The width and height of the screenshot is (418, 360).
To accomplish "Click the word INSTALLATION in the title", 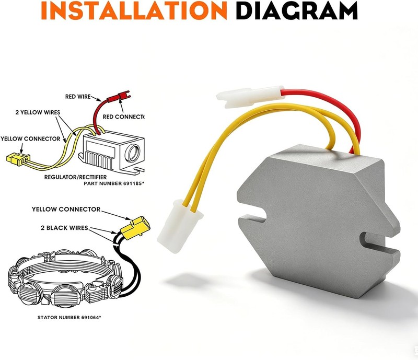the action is tap(134, 10).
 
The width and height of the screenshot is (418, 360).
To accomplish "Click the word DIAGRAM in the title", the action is tap(297, 10).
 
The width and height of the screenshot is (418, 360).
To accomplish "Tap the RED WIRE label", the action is tap(78, 97).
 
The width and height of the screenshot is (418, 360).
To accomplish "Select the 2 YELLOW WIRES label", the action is tap(38, 112).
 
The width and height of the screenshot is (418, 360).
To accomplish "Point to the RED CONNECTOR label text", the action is tap(123, 117).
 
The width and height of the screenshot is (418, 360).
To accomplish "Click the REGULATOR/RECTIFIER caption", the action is tap(75, 177).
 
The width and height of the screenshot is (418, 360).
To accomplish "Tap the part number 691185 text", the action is tap(114, 183).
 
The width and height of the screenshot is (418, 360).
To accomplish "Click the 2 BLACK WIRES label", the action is tap(64, 228).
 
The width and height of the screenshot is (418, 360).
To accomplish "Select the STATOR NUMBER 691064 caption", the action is tap(69, 317).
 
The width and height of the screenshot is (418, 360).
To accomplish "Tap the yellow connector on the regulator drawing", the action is tap(18, 159).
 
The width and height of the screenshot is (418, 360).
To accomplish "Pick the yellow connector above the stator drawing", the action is tap(135, 228).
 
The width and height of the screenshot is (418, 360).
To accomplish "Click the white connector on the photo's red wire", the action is tap(250, 96).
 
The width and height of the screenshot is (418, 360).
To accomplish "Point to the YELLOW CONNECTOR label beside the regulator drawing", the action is tap(30, 138).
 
